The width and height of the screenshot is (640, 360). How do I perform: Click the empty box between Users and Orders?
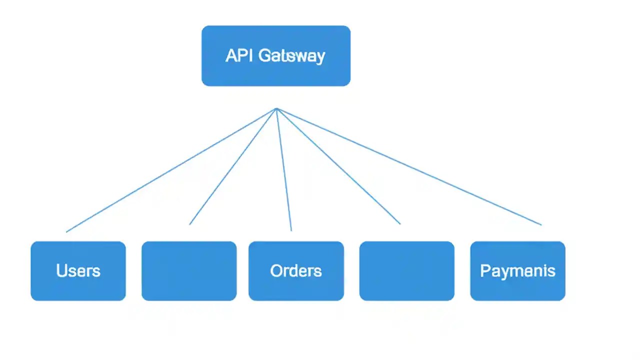click(x=189, y=271)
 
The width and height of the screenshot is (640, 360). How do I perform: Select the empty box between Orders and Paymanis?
click(x=406, y=271)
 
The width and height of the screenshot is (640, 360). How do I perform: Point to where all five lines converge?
click(x=276, y=108)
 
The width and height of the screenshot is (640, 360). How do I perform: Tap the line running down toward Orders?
click(x=284, y=170)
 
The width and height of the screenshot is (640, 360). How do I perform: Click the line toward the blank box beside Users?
click(x=232, y=166)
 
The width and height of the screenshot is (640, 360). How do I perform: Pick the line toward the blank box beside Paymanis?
click(x=338, y=166)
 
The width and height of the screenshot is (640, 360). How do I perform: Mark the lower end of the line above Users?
click(x=66, y=231)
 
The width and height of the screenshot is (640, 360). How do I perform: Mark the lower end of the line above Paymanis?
click(x=541, y=224)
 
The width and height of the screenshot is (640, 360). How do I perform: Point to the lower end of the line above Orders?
click(x=291, y=230)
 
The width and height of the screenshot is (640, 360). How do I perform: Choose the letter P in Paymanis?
click(x=484, y=271)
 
